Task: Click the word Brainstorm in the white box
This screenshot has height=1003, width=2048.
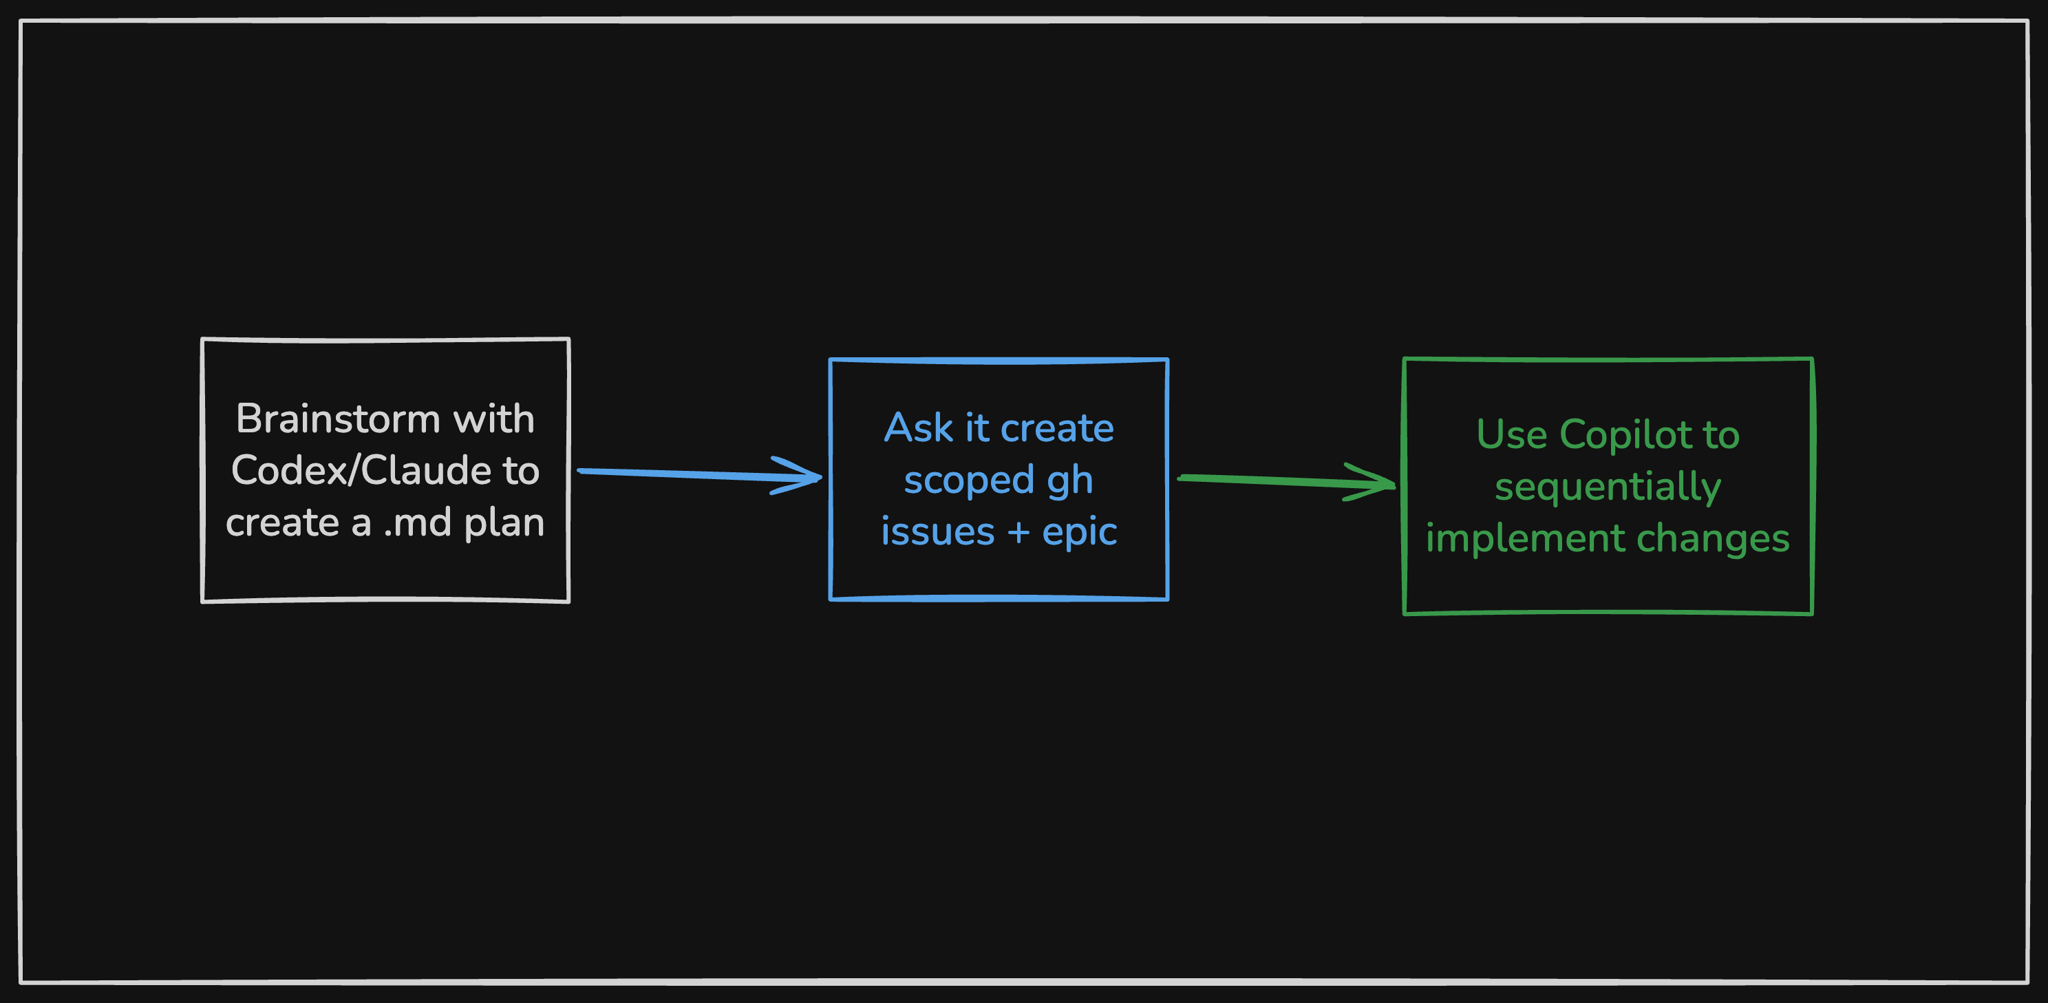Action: pos(338,419)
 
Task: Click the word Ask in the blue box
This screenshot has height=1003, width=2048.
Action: pos(918,428)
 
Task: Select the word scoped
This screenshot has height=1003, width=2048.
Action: pos(968,481)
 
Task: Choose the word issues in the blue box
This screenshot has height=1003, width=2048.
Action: pos(937,531)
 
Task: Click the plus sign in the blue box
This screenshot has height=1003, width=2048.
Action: pos(1018,532)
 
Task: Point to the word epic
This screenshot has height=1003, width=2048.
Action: pos(1080,533)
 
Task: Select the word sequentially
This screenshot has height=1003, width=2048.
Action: pos(1608,487)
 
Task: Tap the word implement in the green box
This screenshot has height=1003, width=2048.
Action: pos(1524,539)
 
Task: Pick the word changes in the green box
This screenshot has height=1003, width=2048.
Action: pos(1712,538)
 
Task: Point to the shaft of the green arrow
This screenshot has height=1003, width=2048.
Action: pos(1272,480)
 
